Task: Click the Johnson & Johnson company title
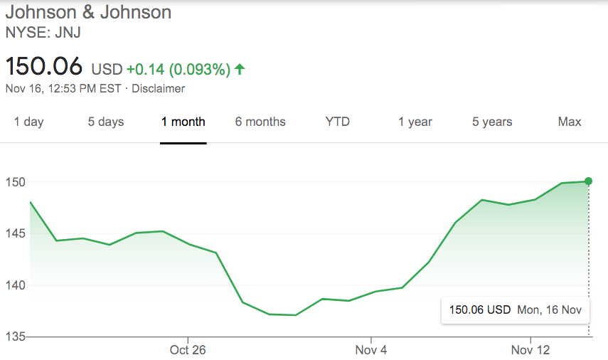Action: coord(88,12)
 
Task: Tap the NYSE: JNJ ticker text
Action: coord(43,32)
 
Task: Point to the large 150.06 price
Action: coord(44,68)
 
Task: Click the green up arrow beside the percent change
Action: coord(240,69)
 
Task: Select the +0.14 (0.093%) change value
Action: coord(178,69)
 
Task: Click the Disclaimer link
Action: coord(158,89)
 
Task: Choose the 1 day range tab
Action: coord(28,122)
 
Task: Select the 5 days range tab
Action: coord(106,122)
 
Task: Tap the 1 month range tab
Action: coord(183,122)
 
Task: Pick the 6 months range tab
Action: coord(260,122)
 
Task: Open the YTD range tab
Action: coord(338,122)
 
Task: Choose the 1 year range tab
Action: coord(415,122)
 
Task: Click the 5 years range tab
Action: coord(492,122)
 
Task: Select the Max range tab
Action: coord(570,122)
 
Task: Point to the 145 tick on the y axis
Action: coord(14,234)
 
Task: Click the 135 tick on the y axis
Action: coord(14,337)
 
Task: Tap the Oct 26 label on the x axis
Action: coord(188,351)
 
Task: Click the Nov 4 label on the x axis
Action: coord(370,351)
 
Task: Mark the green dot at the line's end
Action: coord(588,181)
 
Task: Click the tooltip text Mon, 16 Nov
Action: coord(550,310)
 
